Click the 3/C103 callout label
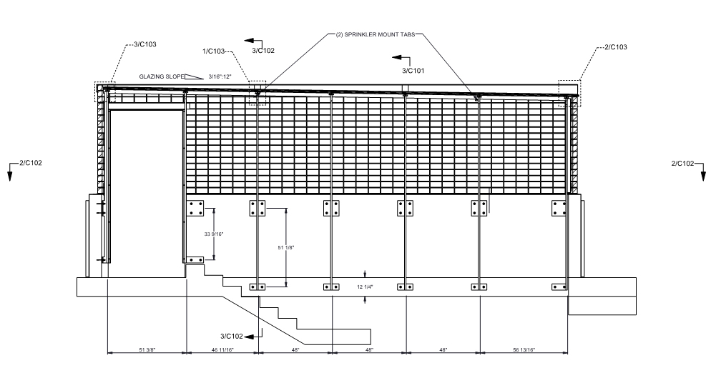tap(145, 44)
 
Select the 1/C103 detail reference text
tap(214, 51)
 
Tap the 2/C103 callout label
tap(616, 47)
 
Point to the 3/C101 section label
tap(413, 71)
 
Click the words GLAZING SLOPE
tap(161, 76)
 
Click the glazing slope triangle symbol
tap(193, 76)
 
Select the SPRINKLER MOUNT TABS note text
tap(375, 34)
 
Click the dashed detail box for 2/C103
tap(569, 93)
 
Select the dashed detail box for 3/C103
tap(104, 92)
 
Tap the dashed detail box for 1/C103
tap(257, 94)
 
